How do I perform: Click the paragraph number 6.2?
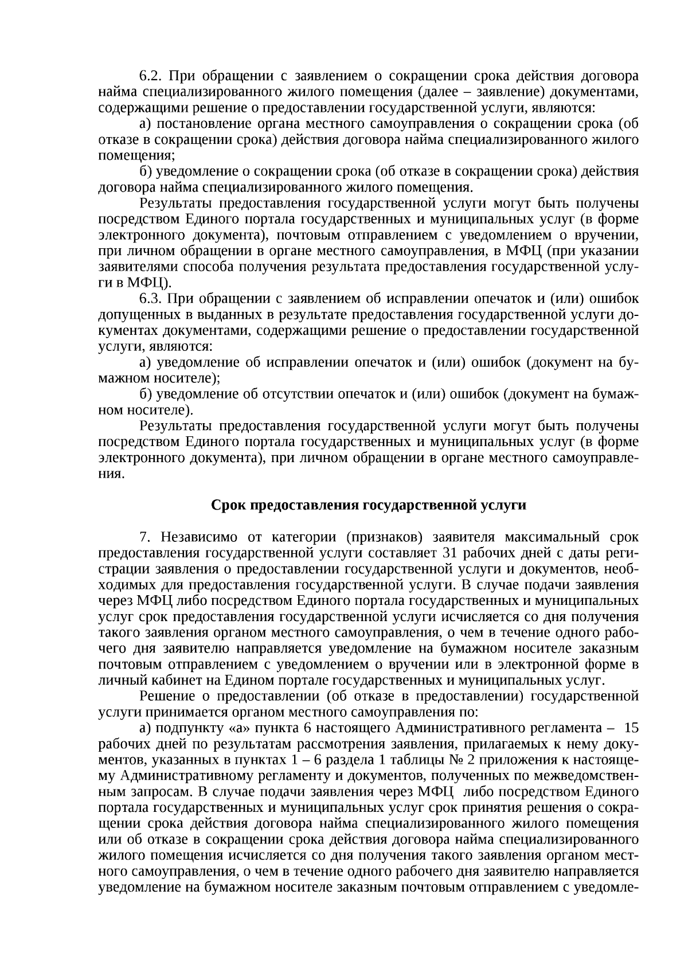pos(151,76)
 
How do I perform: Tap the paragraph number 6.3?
pos(151,299)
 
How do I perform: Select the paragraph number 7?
pos(145,537)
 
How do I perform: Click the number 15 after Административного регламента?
pos(631,728)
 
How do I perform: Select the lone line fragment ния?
pos(111,474)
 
